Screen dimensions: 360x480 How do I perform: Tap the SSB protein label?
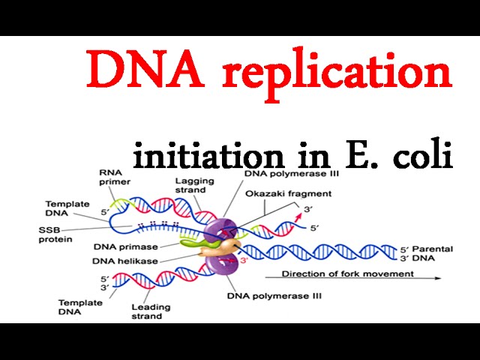[x=57, y=234]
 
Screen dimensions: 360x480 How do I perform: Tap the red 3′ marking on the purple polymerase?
[x=245, y=260]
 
